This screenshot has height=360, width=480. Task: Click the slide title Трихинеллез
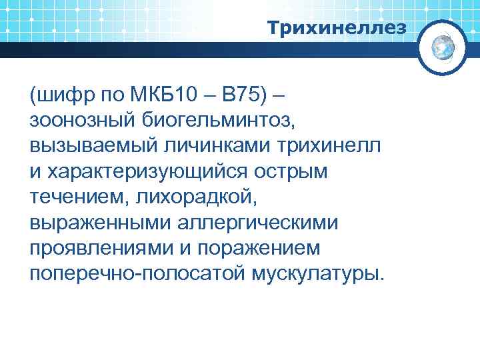(336, 28)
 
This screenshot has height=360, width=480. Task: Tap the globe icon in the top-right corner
(443, 47)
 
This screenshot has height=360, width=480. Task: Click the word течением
(79, 197)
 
